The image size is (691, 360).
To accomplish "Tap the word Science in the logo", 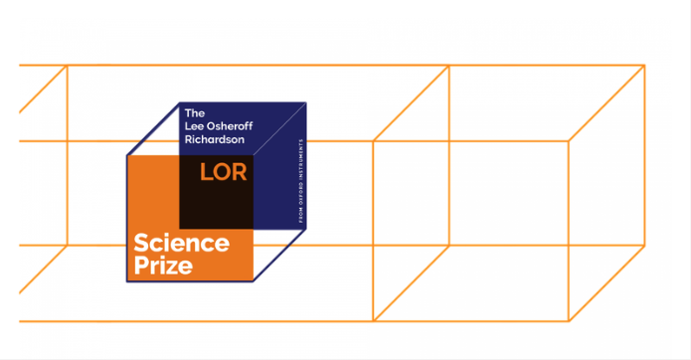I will [182, 244].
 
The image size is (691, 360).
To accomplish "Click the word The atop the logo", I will [195, 111].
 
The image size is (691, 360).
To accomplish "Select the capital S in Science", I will [141, 244].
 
